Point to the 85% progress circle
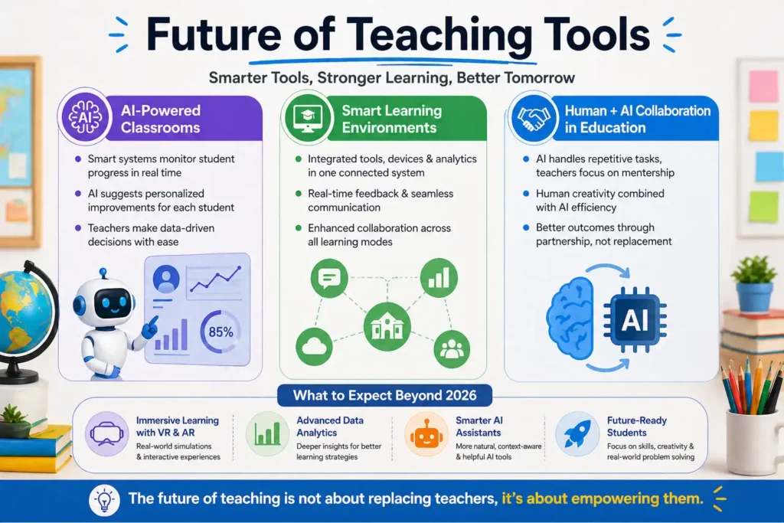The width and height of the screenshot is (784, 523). coord(221,331)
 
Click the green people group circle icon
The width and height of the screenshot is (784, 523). coord(452,349)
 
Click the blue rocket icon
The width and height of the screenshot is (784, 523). coord(575,433)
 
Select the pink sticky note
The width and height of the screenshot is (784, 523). coord(763,87)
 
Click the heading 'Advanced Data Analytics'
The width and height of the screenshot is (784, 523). coord(330,427)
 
